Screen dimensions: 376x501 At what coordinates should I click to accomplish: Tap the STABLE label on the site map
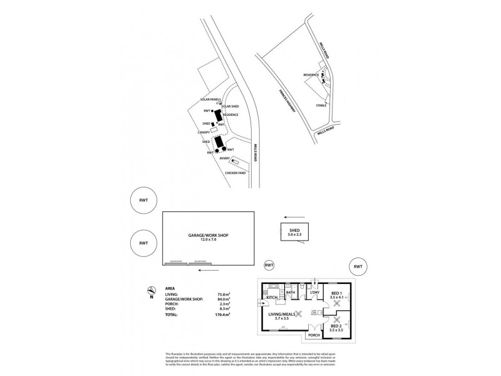[322, 105]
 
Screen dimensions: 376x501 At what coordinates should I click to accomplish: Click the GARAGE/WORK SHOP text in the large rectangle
[209, 236]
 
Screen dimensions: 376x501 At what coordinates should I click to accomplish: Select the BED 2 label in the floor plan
[336, 326]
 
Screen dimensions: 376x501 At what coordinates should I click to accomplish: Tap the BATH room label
[290, 292]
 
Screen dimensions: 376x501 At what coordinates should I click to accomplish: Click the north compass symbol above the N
[150, 290]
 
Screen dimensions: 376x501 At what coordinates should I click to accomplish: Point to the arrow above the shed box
[289, 212]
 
